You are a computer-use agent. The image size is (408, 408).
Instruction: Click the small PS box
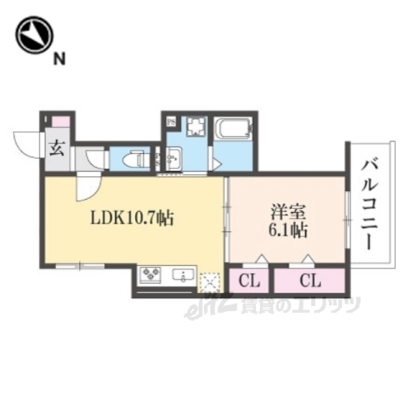coord(171,122)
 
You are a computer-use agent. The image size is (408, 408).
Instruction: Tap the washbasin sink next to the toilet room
coord(173,159)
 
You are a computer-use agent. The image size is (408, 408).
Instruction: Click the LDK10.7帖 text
coord(133,219)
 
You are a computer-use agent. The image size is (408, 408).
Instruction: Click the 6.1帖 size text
coord(286,229)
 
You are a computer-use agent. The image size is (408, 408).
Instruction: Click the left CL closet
coord(250,280)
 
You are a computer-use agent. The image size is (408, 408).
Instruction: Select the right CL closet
coord(309,280)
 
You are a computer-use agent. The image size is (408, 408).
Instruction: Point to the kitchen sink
coord(182,275)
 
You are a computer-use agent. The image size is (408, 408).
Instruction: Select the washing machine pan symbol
coord(195,128)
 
